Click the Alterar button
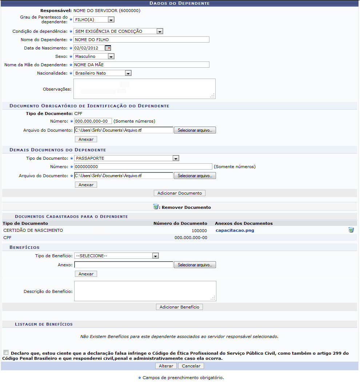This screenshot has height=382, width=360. (x=166, y=366)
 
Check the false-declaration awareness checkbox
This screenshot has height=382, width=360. (x=6, y=352)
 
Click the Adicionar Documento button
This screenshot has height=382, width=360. (x=180, y=193)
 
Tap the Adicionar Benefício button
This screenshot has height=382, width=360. (x=179, y=307)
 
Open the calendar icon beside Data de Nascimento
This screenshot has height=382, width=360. (x=108, y=48)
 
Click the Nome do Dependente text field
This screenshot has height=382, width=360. (x=141, y=40)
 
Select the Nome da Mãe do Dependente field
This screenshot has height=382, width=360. (x=141, y=65)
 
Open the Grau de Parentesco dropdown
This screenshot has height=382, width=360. (x=94, y=20)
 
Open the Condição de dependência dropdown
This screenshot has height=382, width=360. (x=118, y=31)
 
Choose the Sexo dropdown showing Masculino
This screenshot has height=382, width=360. (x=94, y=56)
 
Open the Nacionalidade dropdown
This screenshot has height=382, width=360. (x=102, y=73)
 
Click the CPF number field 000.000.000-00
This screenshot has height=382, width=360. (x=93, y=121)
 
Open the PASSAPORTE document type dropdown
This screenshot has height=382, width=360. (x=127, y=158)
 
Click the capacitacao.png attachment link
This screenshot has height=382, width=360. (x=235, y=230)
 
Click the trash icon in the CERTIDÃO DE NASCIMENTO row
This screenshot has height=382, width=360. (x=351, y=230)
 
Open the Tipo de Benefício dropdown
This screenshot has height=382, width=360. (x=116, y=256)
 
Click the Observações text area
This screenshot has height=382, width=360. (x=144, y=89)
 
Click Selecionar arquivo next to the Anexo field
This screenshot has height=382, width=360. (x=195, y=265)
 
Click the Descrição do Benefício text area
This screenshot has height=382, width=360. (x=145, y=291)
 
